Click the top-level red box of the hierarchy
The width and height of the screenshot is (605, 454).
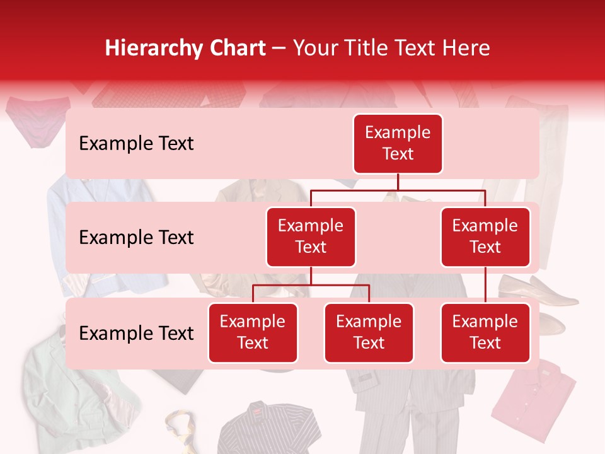(398, 144)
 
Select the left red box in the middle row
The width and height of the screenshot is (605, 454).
(311, 237)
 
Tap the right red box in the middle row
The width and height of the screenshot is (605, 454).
(485, 237)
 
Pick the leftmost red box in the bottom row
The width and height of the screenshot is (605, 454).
(253, 333)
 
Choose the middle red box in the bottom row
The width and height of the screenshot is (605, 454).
(369, 333)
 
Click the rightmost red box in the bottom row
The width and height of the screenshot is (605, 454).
(485, 333)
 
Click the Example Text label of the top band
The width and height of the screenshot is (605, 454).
(136, 144)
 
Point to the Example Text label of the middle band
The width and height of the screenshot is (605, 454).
(136, 238)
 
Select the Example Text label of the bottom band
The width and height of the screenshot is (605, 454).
(136, 334)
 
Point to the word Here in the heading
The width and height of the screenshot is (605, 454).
(467, 48)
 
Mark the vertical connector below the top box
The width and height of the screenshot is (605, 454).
(398, 182)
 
